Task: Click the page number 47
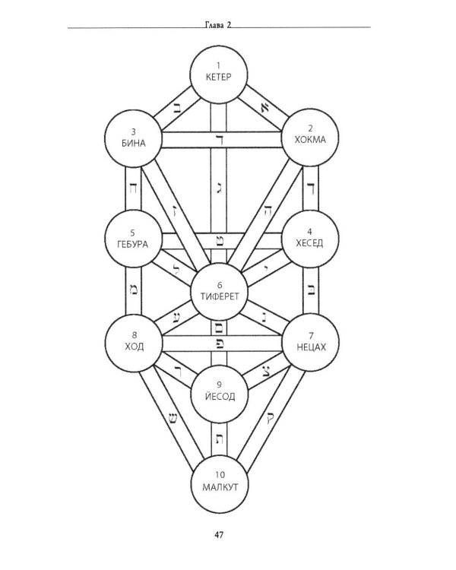point(218,537)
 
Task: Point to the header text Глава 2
point(218,24)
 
